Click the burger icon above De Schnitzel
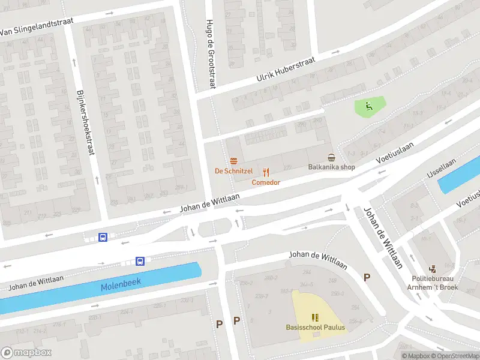[x=233, y=161]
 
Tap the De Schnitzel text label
[x=233, y=171]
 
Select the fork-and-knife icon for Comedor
[x=266, y=172]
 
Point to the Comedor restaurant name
[x=266, y=182]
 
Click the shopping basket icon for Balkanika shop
[x=331, y=157]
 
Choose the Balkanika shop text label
[x=331, y=167]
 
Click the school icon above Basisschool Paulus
[x=314, y=317]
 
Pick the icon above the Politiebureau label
[x=433, y=269]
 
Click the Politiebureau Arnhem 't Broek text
[x=435, y=283]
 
